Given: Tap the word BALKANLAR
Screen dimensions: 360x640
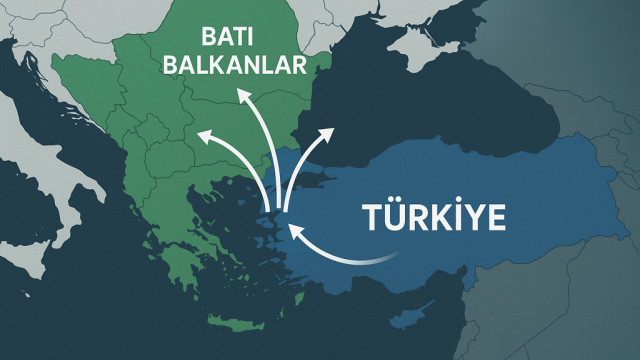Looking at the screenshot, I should (x=234, y=65).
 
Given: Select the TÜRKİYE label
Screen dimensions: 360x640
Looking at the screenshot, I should (x=433, y=217).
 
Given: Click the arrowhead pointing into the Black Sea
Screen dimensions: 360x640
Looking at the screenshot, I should (x=328, y=133).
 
